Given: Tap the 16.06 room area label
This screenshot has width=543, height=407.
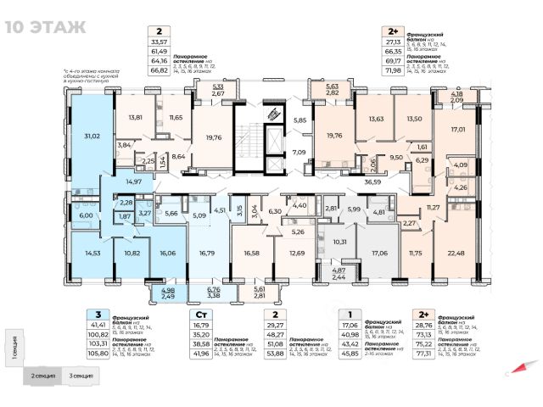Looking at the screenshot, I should (x=166, y=253).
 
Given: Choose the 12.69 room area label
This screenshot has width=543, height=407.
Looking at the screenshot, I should (x=297, y=253).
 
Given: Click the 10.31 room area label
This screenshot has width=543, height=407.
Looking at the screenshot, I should (x=339, y=243).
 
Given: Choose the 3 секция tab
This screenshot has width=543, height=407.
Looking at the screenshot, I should (x=81, y=374).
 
